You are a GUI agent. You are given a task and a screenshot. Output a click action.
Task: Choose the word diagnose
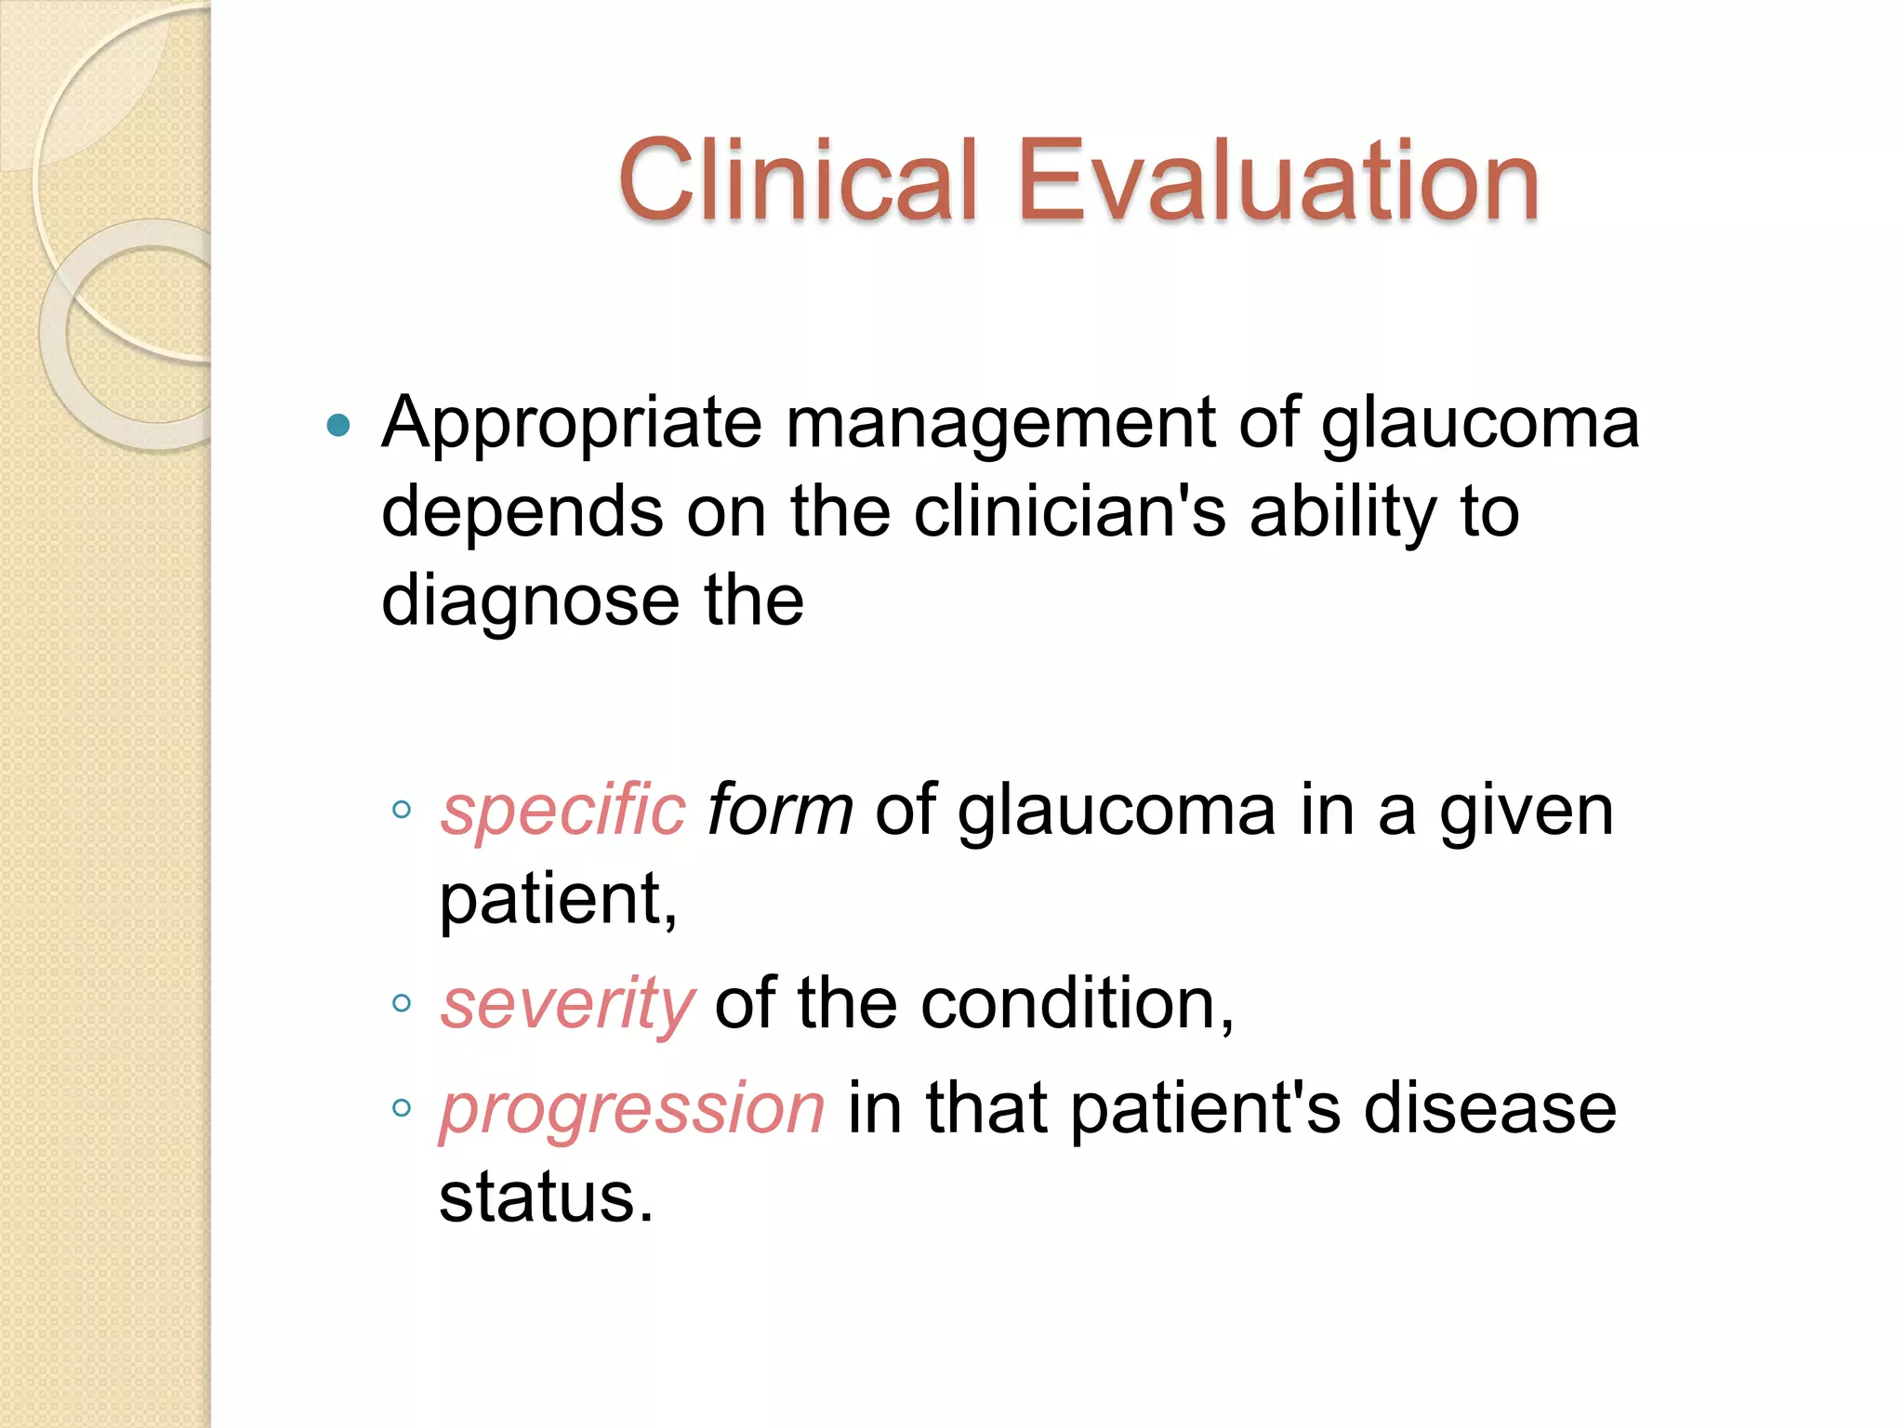[531, 602]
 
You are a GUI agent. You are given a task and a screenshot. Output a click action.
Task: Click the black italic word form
[780, 809]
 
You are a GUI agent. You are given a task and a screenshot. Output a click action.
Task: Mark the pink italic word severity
[567, 1004]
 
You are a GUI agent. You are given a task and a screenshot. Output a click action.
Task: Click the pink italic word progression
[632, 1110]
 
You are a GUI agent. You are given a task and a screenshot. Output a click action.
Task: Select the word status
[546, 1197]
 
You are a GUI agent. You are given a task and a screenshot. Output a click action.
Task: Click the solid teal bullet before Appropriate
[339, 426]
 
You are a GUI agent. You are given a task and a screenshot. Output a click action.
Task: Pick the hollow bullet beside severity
[402, 1002]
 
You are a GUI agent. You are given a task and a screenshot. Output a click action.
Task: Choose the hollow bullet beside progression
[402, 1107]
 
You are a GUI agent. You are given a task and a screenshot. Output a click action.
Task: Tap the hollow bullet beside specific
[402, 809]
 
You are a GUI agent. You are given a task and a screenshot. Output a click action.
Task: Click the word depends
[522, 513]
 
